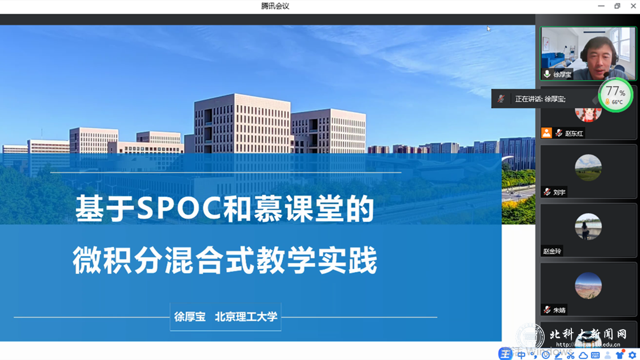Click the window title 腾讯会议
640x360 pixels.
(275, 6)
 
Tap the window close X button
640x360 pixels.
(631, 6)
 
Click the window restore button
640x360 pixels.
(617, 6)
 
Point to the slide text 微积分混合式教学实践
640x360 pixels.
(225, 261)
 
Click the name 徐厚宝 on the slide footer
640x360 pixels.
(190, 317)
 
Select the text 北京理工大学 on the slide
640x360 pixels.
(246, 317)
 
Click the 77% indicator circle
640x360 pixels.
(615, 95)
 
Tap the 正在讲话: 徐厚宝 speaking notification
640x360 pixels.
(540, 99)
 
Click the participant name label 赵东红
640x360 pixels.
(574, 133)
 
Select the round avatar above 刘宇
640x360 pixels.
(588, 168)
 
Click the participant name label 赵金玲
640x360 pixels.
(552, 251)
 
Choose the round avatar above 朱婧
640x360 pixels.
(588, 286)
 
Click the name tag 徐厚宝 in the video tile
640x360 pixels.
(562, 74)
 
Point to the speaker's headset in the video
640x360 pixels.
(583, 55)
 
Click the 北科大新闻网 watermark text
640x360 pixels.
(588, 334)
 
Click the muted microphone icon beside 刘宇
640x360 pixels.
(547, 192)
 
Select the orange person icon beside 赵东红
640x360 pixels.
(546, 133)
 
